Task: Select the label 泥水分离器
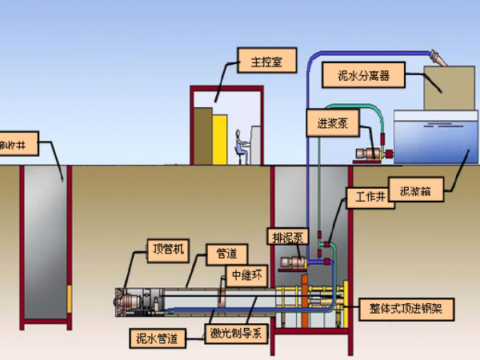362,77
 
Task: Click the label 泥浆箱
416,192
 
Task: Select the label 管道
222,254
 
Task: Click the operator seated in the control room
238,144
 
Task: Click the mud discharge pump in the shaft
293,263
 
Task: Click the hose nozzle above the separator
438,57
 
